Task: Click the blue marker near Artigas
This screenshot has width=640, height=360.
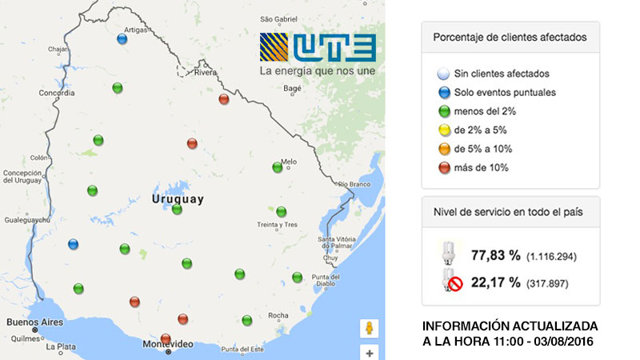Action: coord(122,38)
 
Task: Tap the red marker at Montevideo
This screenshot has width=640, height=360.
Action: coord(166,338)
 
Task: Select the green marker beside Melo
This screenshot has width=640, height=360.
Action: coord(277,167)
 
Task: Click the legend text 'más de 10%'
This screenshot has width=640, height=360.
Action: coord(481,168)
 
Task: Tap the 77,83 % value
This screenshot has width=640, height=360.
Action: coord(496,255)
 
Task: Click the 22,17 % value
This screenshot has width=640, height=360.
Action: coord(496,282)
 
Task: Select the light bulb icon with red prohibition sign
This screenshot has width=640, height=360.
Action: coord(450,280)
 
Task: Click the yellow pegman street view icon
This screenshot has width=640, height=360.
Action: coord(370,328)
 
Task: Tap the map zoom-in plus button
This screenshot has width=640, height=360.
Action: coord(370,352)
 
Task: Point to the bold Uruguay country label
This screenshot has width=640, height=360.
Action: coord(178,198)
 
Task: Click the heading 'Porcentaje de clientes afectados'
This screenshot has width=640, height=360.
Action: coord(510,37)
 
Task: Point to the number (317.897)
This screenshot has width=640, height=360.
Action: coord(551,282)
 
